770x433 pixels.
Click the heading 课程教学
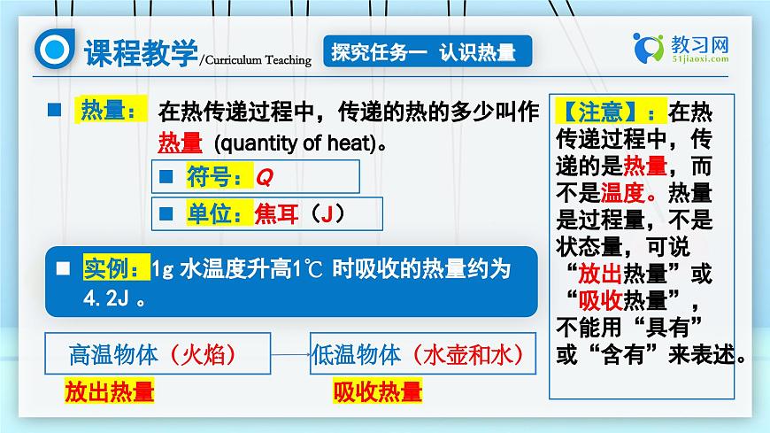tap(140, 53)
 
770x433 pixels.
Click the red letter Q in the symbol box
tap(264, 177)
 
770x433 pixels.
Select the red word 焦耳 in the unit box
tap(276, 213)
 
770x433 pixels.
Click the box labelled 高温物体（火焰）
tap(158, 355)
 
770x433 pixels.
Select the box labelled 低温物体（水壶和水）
tap(422, 355)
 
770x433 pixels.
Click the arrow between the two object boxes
tap(289, 355)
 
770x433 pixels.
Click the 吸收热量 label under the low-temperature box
tap(378, 392)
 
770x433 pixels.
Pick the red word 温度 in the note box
tap(624, 192)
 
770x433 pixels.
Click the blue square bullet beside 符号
tap(166, 177)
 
